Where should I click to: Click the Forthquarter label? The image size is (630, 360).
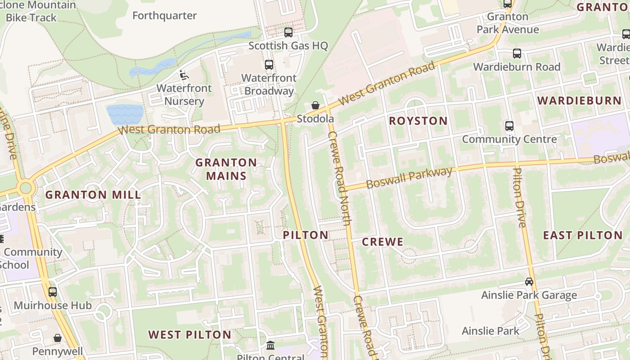[x=164, y=16]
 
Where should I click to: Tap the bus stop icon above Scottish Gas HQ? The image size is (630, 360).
[x=288, y=32]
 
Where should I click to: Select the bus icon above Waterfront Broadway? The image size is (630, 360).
[x=269, y=65]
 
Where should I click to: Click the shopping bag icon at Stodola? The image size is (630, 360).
[x=315, y=105]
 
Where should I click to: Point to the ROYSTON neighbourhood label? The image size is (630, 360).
[x=418, y=121]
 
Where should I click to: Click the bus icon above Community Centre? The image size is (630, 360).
[x=509, y=126]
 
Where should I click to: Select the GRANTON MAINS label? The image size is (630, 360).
[x=226, y=169]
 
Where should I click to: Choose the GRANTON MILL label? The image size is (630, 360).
[x=93, y=195]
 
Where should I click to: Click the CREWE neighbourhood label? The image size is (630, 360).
[x=382, y=242]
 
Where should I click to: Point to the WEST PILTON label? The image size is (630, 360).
[x=189, y=335]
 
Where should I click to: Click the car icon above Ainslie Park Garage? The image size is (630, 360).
[x=529, y=282]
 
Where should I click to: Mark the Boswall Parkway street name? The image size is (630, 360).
[x=409, y=178]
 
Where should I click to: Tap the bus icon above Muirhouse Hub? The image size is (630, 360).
[x=53, y=292]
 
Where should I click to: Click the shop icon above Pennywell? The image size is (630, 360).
[x=58, y=338]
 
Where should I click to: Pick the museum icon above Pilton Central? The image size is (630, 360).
[x=270, y=346]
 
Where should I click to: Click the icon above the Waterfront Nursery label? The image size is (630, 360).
[x=184, y=75]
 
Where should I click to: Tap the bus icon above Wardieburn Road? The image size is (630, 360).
[x=517, y=54]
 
